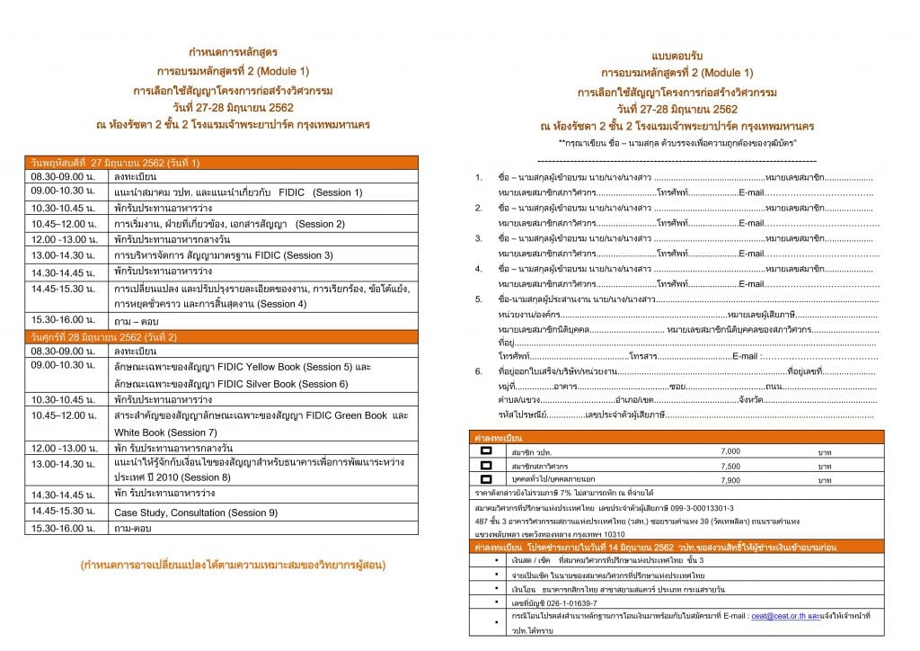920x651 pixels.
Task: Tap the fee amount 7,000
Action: [x=730, y=450]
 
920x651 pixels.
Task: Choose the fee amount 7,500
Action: [x=730, y=467]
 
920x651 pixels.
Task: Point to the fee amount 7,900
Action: [x=730, y=480]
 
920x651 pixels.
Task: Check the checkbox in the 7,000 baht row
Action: [x=486, y=450]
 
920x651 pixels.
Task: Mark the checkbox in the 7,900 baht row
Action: [x=486, y=480]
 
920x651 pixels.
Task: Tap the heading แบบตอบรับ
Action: [x=677, y=56]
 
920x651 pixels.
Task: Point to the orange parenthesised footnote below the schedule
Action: [x=233, y=566]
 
